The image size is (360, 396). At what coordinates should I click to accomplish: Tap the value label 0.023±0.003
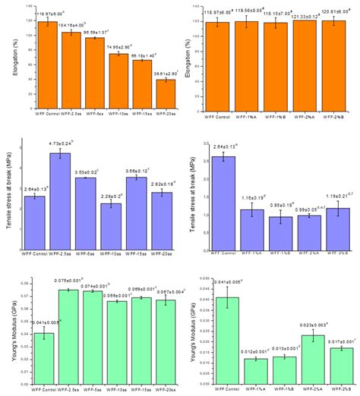[304, 324]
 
